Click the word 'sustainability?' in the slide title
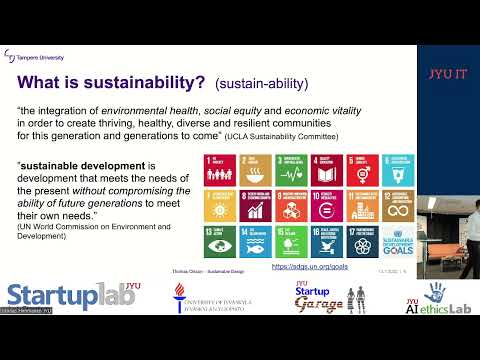click(151, 81)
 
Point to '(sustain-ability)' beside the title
click(257, 83)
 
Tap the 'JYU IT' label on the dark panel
click(448, 72)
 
